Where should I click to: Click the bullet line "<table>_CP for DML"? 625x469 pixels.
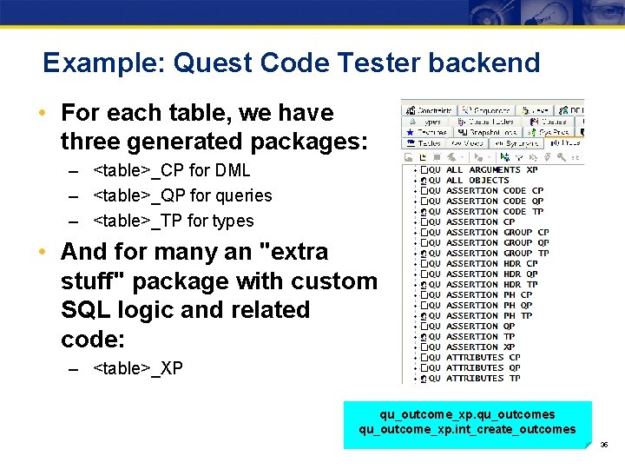(x=171, y=170)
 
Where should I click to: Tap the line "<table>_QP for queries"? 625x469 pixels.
(x=182, y=195)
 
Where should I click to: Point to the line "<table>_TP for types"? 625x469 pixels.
(x=173, y=221)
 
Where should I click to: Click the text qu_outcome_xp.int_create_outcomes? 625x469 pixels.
(x=467, y=429)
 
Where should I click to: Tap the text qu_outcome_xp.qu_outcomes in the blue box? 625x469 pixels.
(x=467, y=414)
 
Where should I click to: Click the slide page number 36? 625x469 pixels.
(x=604, y=445)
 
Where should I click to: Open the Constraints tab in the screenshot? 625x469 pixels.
(x=429, y=111)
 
